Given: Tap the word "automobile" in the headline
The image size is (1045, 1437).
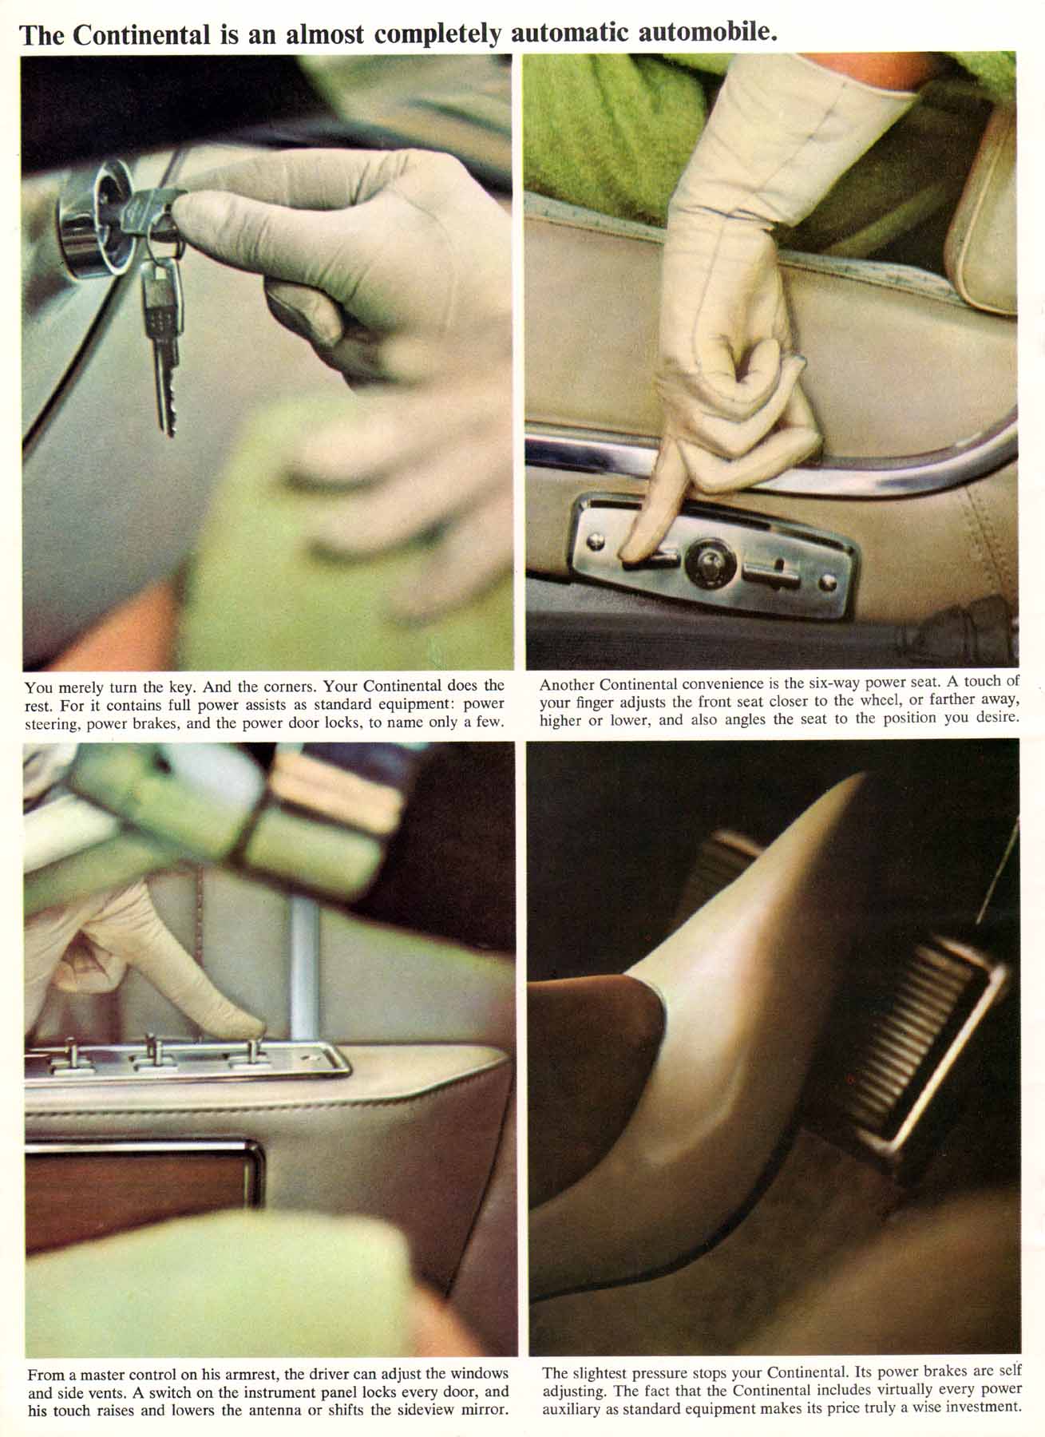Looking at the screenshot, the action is tap(703, 34).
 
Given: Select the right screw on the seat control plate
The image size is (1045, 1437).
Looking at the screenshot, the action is tap(831, 582).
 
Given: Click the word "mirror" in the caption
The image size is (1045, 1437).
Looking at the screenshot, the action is tap(485, 1409).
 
